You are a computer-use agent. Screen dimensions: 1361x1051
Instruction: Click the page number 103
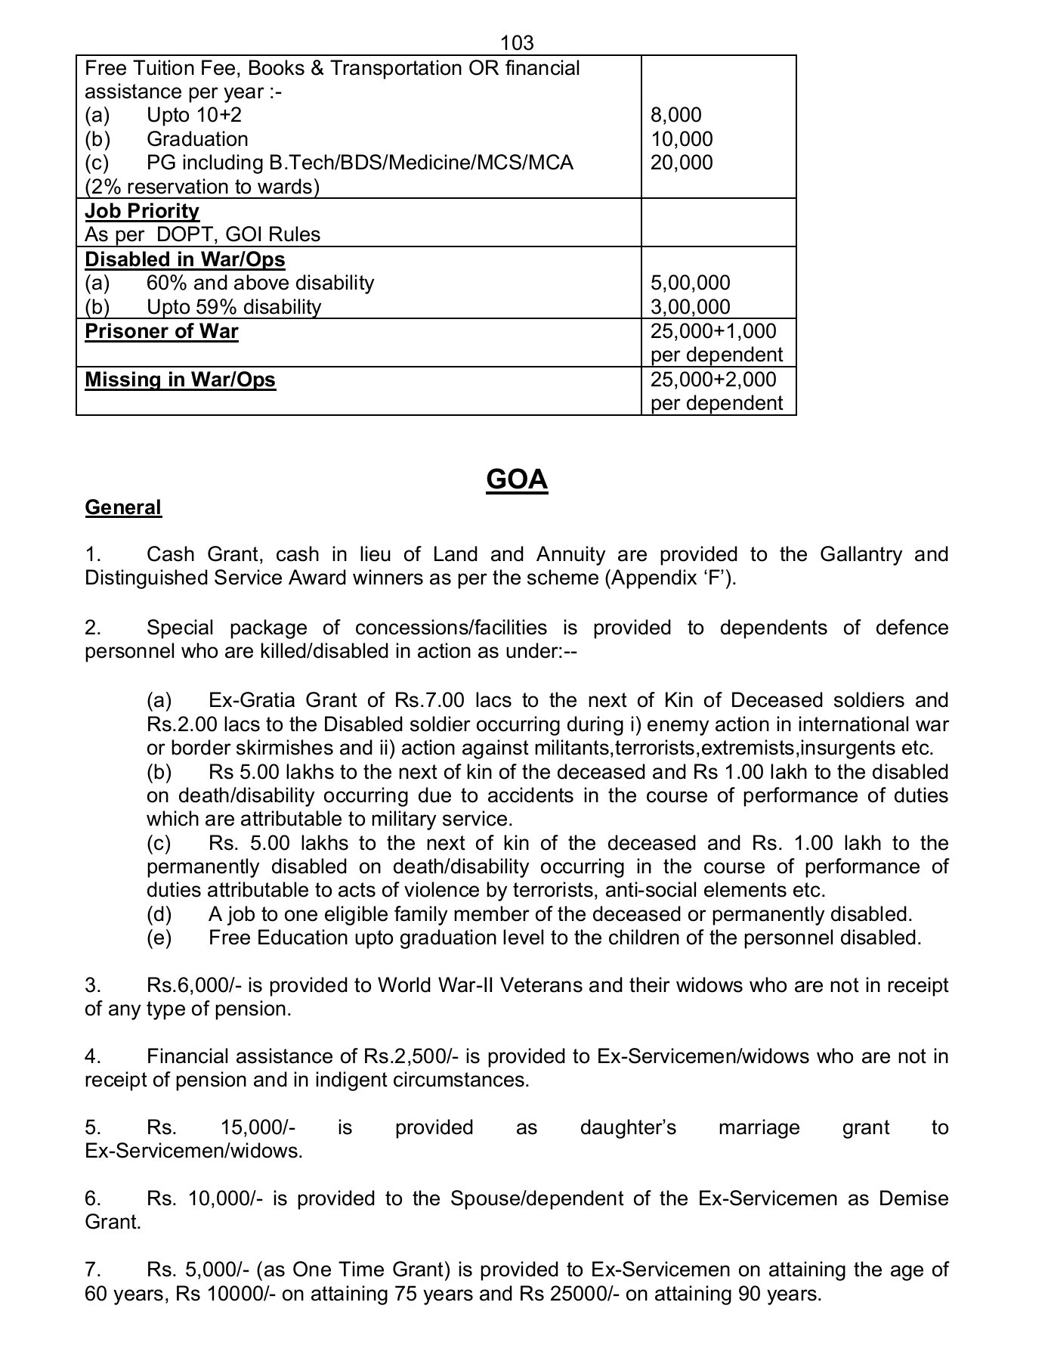point(517,43)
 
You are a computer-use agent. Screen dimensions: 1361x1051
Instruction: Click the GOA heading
point(517,479)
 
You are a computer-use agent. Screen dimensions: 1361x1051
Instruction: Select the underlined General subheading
point(123,507)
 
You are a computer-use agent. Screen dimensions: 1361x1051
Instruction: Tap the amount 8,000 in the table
point(675,115)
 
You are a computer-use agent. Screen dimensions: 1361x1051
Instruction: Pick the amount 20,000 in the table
point(681,163)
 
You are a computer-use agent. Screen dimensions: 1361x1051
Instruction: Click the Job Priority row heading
point(142,211)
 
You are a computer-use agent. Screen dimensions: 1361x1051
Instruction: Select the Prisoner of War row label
point(162,331)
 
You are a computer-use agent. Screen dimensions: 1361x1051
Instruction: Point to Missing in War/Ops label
point(180,379)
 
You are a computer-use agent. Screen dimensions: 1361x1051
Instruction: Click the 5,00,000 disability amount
point(690,283)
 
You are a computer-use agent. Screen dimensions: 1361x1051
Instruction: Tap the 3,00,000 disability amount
point(690,307)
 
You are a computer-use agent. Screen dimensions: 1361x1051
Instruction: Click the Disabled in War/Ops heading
point(185,259)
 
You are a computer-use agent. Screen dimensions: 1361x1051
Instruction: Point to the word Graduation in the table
point(197,139)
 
